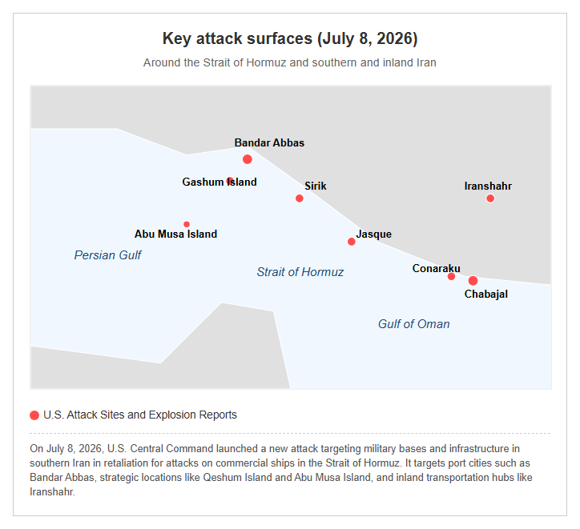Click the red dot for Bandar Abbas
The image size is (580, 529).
248,159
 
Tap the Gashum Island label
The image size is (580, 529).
220,182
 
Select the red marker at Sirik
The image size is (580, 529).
300,198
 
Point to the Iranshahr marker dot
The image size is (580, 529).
490,198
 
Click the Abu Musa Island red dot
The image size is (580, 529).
187,224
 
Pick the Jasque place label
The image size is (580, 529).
373,234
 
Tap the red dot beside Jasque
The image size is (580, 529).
352,242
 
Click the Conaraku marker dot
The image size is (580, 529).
451,276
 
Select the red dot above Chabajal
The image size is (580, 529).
473,281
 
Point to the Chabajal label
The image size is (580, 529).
486,294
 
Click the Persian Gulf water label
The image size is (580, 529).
107,255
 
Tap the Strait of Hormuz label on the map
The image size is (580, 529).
300,272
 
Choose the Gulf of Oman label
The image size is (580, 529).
413,324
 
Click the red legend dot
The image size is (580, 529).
34,415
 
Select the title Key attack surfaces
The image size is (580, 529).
290,38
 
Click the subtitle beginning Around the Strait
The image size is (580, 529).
290,62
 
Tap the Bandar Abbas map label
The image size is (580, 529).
269,143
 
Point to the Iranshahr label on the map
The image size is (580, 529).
488,186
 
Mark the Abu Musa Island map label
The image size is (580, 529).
175,234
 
